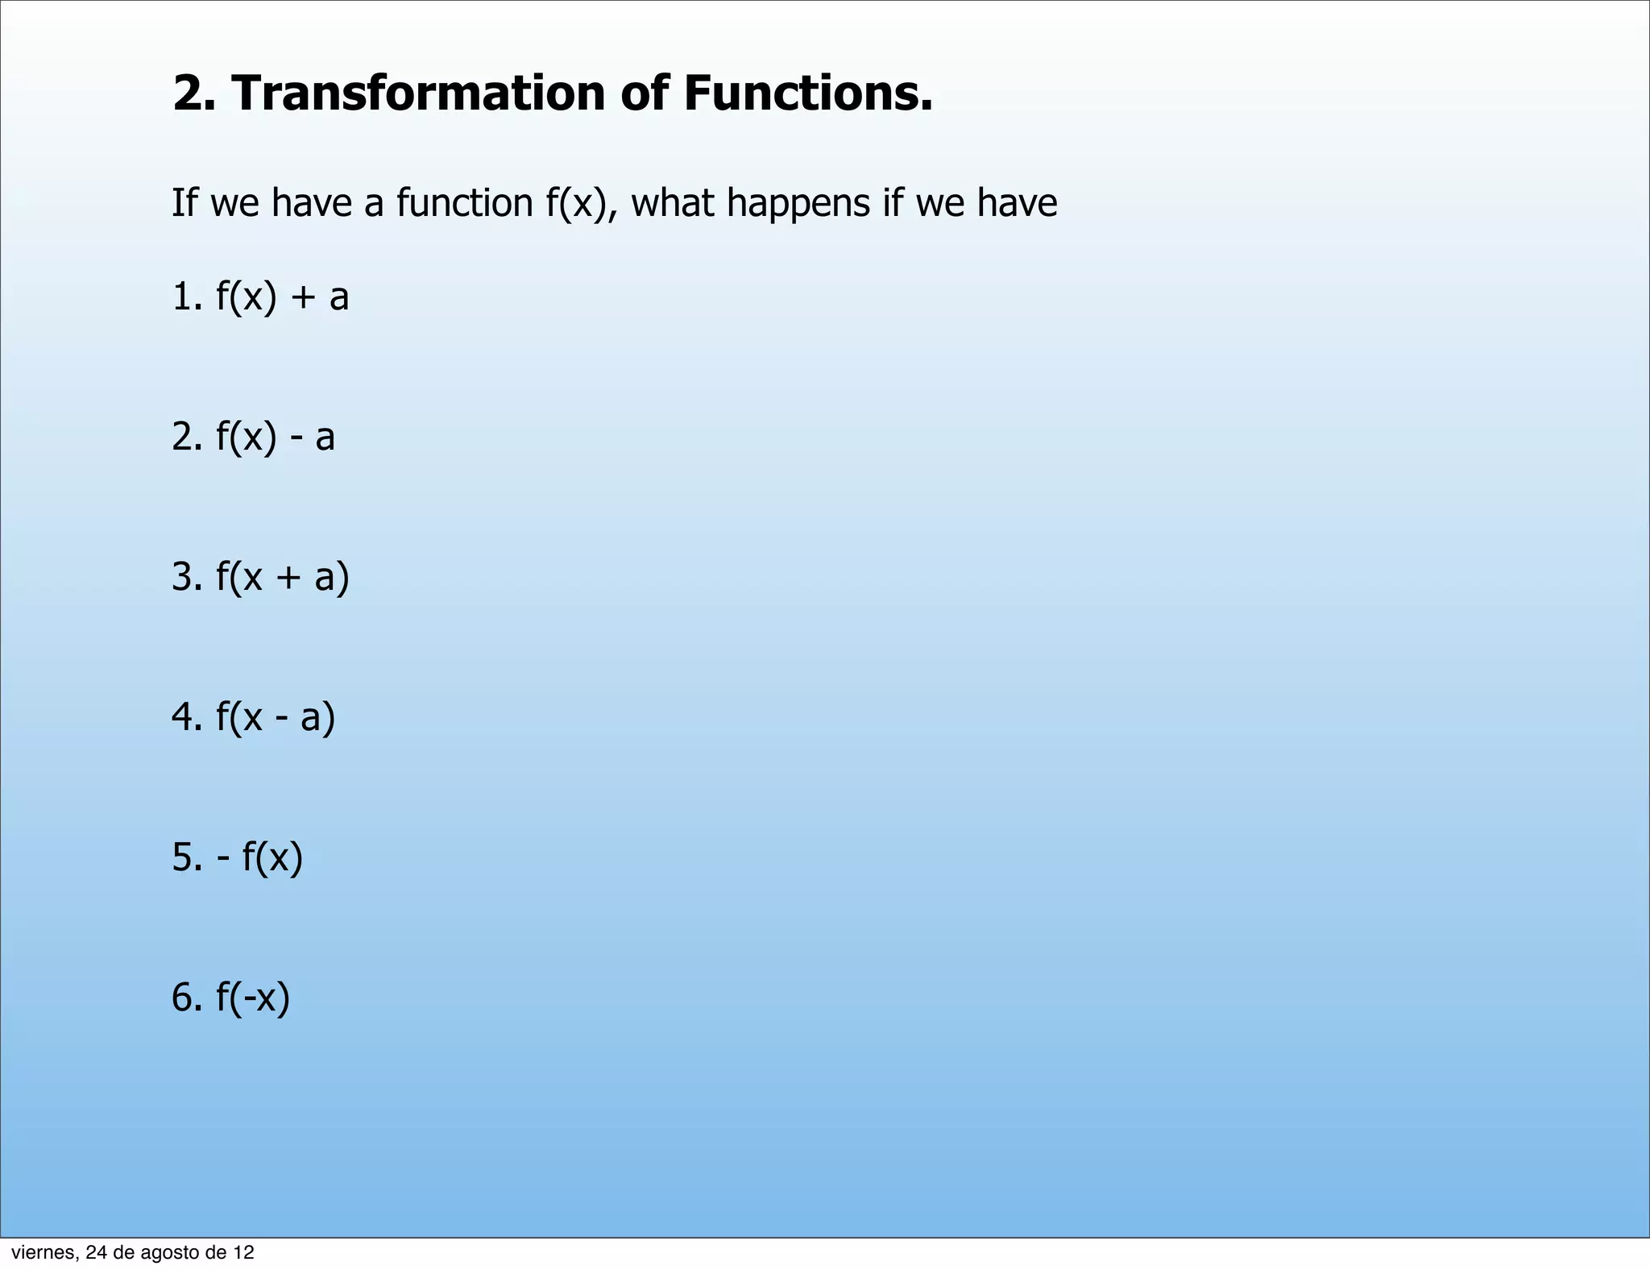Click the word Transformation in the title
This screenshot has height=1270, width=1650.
coord(418,93)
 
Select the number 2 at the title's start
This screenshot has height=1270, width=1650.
coord(189,93)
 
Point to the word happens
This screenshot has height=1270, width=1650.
coord(798,202)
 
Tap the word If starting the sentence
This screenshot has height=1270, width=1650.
coord(184,202)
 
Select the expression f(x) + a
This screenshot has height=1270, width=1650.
coord(282,297)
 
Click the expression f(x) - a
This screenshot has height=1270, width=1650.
coord(275,437)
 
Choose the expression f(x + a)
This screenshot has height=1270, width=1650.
coord(282,577)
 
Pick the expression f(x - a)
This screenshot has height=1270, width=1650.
coord(275,717)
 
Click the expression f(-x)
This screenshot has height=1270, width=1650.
coord(252,998)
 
